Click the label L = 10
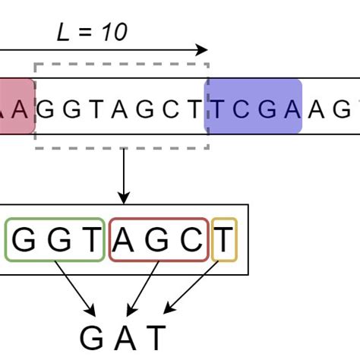[x=92, y=32]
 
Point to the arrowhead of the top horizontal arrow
[x=202, y=50]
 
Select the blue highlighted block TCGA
[x=254, y=106]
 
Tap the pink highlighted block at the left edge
[x=15, y=106]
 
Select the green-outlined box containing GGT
[x=55, y=239]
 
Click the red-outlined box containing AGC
[x=158, y=239]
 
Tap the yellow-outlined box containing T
[x=224, y=239]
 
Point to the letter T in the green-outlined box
[x=90, y=240]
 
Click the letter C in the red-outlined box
[x=193, y=240]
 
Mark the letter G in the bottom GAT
[x=92, y=337]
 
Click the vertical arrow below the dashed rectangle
[x=122, y=175]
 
